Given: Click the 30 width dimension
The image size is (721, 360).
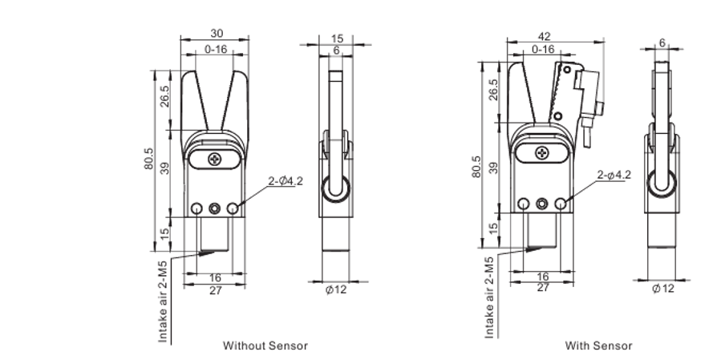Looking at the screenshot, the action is point(217,33).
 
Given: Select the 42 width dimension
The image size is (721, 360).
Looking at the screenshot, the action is point(544,37).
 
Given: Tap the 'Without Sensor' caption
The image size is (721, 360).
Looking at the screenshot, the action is point(265,346).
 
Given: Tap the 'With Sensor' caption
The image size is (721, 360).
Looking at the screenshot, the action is point(598,346).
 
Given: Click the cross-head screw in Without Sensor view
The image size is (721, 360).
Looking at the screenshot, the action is point(215,159).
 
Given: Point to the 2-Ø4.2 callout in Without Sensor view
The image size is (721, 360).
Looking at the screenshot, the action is point(286,181).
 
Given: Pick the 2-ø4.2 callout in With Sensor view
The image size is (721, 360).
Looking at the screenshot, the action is point(614,175).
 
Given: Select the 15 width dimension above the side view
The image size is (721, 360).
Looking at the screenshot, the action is point(337,38).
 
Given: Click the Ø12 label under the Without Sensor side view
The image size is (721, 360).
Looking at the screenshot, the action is point(336,289).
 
